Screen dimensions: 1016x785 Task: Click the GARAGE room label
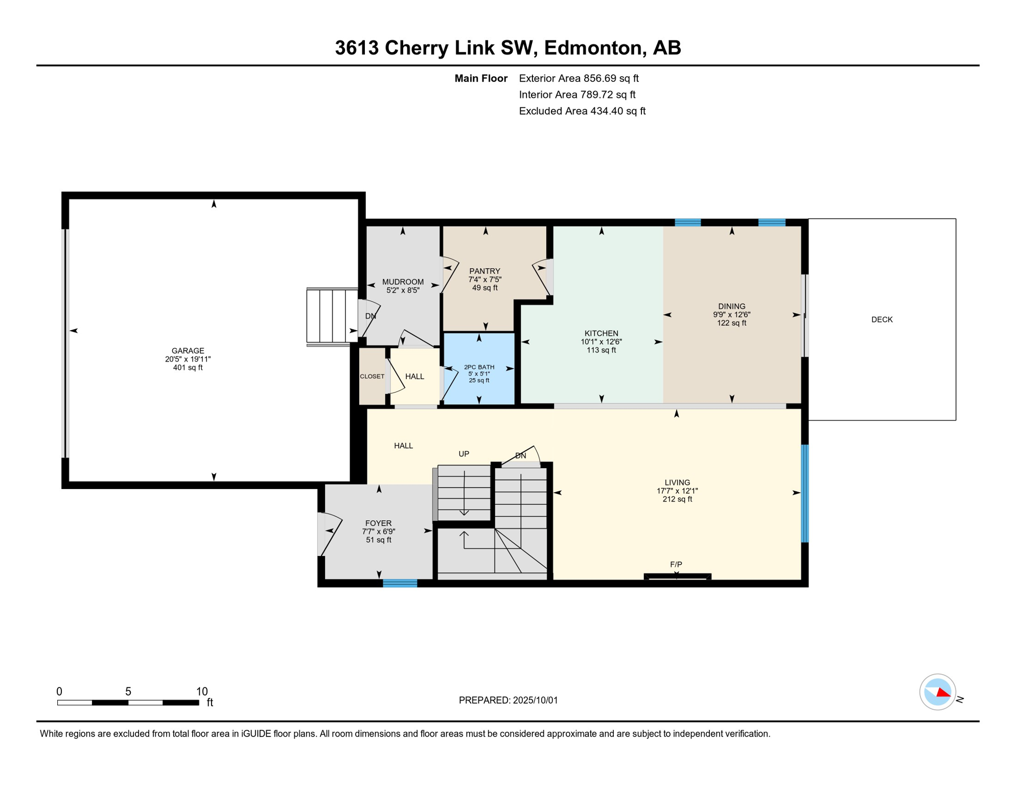188,351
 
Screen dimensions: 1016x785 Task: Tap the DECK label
882,319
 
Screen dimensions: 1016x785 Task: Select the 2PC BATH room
479,368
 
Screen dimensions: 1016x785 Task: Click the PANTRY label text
484,271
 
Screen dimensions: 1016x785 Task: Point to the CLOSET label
372,376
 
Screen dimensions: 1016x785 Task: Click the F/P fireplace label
676,564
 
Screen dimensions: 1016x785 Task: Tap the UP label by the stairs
464,454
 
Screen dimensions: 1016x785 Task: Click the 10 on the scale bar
202,691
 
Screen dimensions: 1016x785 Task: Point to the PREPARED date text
508,700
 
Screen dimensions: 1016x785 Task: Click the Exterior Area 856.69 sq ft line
579,78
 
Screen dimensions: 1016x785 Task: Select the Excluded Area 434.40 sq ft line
582,111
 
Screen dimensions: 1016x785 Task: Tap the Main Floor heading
481,78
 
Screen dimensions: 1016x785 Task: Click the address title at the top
508,48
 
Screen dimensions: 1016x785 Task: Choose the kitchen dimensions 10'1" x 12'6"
601,341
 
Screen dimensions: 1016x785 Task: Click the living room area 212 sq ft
677,499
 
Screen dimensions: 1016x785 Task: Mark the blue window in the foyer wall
400,583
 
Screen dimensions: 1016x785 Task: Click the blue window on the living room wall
804,493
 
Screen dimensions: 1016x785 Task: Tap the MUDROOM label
403,282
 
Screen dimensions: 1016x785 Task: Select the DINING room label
731,306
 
